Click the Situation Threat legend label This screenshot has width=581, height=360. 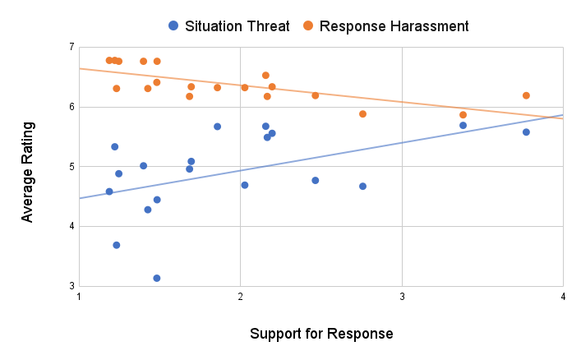[237, 25]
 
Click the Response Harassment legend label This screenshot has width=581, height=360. [394, 25]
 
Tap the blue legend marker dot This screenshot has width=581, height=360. [173, 25]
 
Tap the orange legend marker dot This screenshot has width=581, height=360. [308, 25]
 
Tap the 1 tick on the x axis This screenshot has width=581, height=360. [79, 298]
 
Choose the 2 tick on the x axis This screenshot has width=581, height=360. [240, 298]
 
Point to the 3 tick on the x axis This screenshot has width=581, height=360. [402, 298]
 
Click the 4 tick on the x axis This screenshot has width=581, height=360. [563, 298]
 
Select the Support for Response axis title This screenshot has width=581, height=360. [321, 335]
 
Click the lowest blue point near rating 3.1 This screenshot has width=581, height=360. [157, 279]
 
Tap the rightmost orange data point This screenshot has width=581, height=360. [526, 95]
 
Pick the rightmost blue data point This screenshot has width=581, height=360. [526, 132]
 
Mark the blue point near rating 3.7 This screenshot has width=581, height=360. [117, 245]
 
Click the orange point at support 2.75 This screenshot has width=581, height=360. [362, 114]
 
